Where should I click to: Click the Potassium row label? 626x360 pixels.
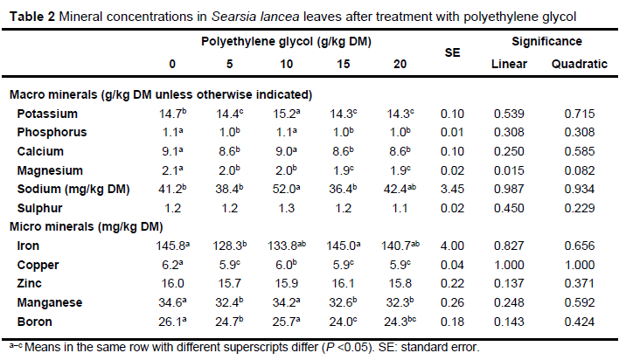59,114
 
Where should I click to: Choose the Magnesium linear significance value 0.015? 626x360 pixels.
508,170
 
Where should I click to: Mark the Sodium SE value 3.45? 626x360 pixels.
453,190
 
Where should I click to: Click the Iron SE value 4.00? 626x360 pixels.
453,247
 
